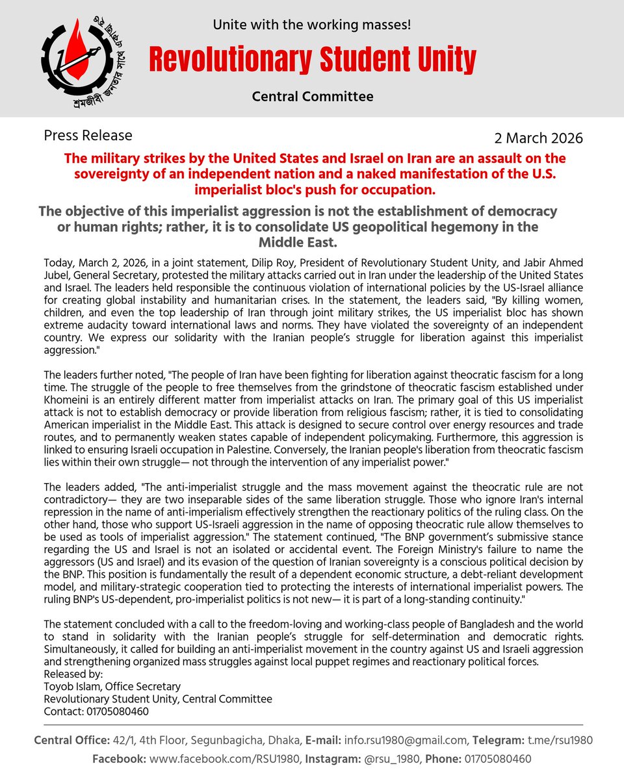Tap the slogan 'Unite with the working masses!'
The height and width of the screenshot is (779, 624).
(x=312, y=26)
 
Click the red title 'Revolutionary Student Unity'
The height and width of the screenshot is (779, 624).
(x=312, y=60)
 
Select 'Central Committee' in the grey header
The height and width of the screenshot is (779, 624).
(x=313, y=97)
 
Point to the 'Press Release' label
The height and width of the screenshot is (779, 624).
(x=88, y=136)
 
